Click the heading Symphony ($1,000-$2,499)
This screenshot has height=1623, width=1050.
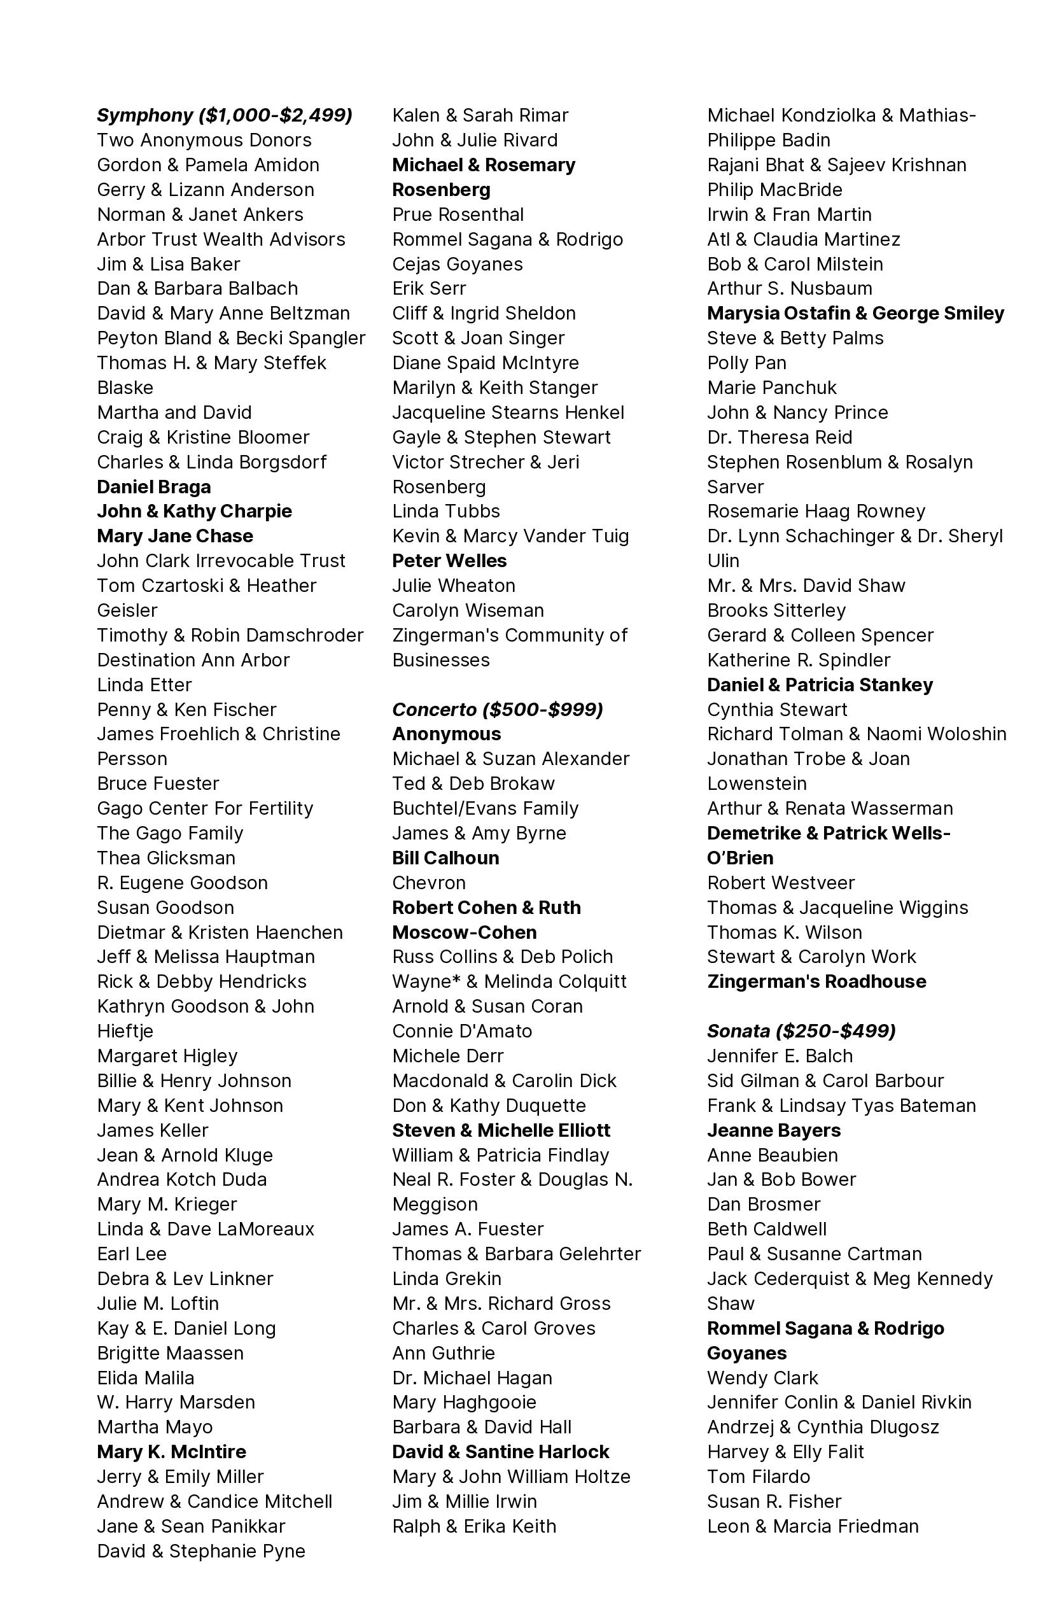point(224,115)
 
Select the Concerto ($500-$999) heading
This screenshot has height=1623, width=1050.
point(497,709)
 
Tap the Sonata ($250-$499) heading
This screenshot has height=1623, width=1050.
point(801,1030)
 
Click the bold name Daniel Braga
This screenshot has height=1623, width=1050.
point(153,487)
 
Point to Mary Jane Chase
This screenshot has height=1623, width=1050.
point(174,536)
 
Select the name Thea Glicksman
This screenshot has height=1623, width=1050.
point(165,858)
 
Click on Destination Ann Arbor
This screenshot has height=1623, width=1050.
point(193,659)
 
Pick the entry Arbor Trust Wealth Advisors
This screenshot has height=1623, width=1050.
point(221,239)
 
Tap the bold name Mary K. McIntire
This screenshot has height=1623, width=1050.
point(171,1451)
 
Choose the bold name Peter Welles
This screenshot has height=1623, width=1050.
point(449,561)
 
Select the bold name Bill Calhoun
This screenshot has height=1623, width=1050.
point(445,858)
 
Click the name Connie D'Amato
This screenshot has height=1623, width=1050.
point(461,1030)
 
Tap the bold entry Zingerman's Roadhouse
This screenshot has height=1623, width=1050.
point(816,981)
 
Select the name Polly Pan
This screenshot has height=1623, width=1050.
point(746,363)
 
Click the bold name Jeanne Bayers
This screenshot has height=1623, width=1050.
point(774,1130)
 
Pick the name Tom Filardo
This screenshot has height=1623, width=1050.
point(758,1477)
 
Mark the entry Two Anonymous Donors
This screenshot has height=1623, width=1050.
point(204,141)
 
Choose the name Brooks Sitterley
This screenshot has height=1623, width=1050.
point(776,610)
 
